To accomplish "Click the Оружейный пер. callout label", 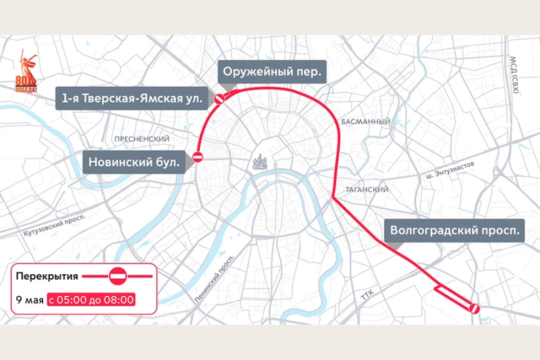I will pos(272,72).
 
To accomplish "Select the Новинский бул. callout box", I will pos(134,162).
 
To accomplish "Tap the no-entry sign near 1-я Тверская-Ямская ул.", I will pos(219,99).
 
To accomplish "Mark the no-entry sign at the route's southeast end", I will pos(474,308).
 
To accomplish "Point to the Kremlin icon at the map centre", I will pos(259,162).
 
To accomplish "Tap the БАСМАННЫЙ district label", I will pos(365,122).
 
